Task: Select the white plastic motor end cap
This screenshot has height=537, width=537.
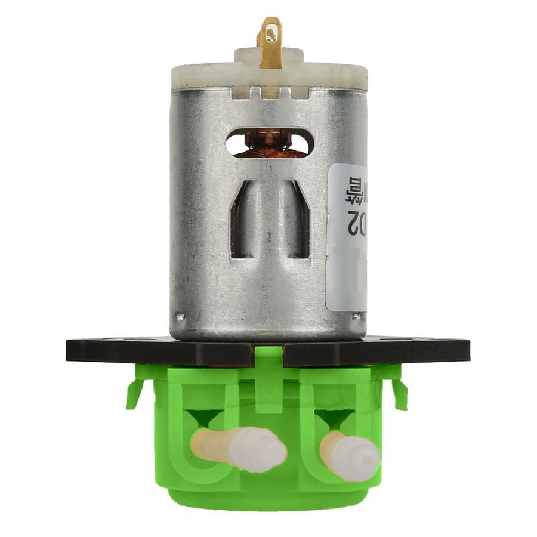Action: tap(203, 76)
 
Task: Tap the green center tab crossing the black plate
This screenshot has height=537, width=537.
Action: tap(268, 358)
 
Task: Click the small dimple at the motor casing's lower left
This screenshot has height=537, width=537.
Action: tap(177, 316)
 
